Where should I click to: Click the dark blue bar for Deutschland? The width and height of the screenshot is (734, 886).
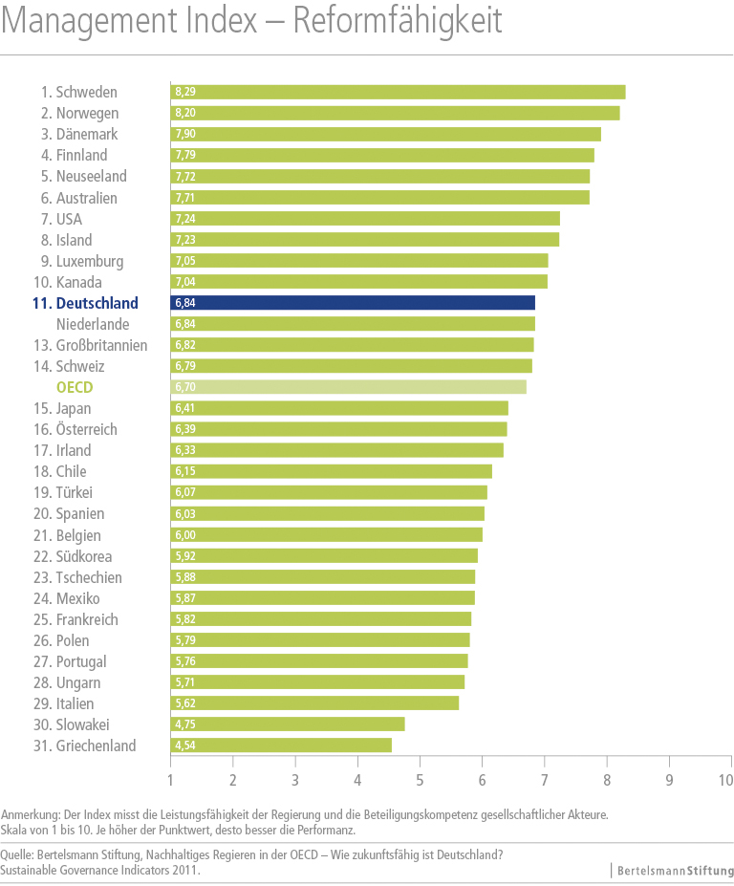tap(353, 303)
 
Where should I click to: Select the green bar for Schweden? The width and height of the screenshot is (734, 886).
tap(398, 92)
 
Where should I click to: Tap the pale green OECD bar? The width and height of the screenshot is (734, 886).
tap(348, 387)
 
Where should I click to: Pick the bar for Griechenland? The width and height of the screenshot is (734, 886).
tap(281, 746)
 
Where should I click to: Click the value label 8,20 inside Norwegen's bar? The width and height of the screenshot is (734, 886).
tap(184, 113)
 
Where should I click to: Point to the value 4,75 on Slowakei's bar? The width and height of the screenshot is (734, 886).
tap(184, 724)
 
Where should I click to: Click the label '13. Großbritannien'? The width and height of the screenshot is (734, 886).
tap(94, 345)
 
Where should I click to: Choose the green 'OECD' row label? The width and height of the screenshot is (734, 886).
tap(74, 387)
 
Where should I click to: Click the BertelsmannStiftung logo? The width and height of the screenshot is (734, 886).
tap(674, 871)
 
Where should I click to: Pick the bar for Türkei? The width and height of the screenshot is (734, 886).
tap(329, 492)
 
